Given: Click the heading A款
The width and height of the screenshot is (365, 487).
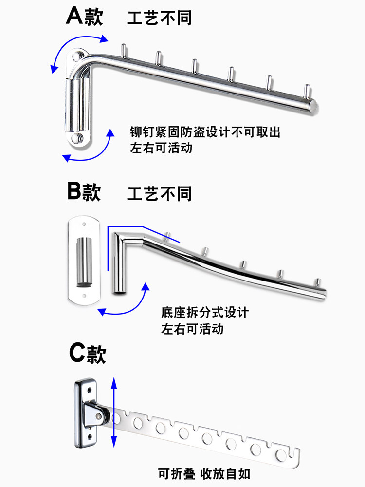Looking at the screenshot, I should tap(84, 18).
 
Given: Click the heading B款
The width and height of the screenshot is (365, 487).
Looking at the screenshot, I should tap(84, 192).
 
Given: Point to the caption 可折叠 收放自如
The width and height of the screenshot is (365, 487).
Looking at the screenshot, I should tap(204, 473).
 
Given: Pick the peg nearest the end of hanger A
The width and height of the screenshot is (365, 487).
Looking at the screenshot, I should tap(307, 92).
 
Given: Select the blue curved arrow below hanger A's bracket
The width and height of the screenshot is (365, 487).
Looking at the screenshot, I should tap(92, 149).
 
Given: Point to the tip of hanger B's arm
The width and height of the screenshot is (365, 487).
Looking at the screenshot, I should tap(323, 292).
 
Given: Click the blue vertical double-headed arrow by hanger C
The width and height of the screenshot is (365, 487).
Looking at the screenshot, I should tap(114, 412).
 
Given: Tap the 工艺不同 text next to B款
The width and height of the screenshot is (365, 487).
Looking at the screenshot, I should tap(160, 194).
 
